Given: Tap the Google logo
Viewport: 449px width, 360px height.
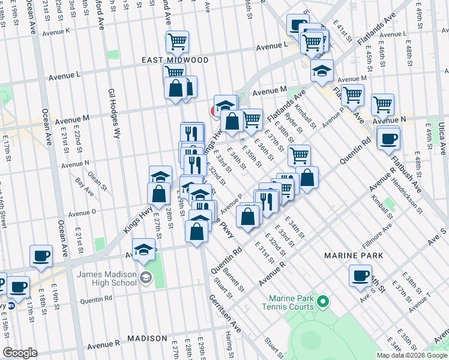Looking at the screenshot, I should tap(20, 353).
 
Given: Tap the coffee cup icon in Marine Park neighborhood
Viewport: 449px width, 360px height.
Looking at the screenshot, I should tap(361, 275).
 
